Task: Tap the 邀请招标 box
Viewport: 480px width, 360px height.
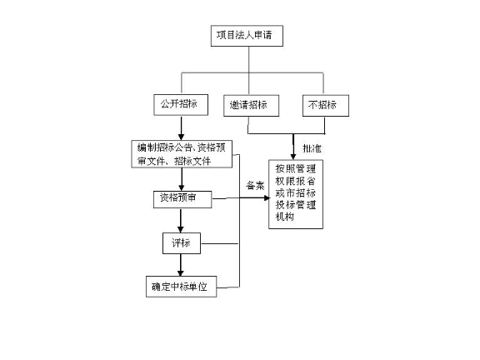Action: [x=250, y=106]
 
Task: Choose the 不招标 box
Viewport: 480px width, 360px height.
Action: [x=325, y=106]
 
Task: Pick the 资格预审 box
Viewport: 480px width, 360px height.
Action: [x=181, y=199]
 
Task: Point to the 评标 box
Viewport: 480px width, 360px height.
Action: [x=181, y=243]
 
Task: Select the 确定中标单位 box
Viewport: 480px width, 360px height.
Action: [x=181, y=287]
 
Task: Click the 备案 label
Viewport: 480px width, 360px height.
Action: [x=254, y=185]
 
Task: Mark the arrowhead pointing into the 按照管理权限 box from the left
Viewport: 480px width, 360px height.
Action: [x=262, y=197]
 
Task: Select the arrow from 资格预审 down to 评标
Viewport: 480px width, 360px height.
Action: [x=181, y=221]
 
